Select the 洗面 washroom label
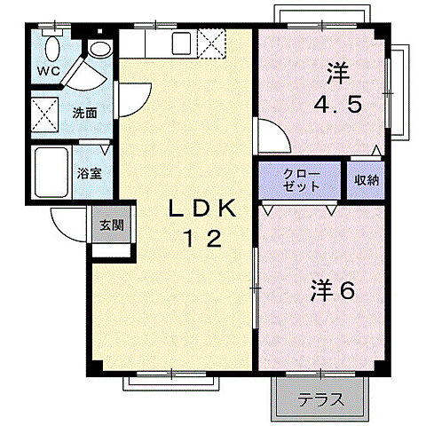pos(85,114)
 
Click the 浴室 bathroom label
pos(89,174)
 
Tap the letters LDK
pos(203,210)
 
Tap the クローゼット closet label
pos(300,180)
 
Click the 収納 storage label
pos(366,180)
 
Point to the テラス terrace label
pos(320,399)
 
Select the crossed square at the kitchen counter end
pos(211,43)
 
